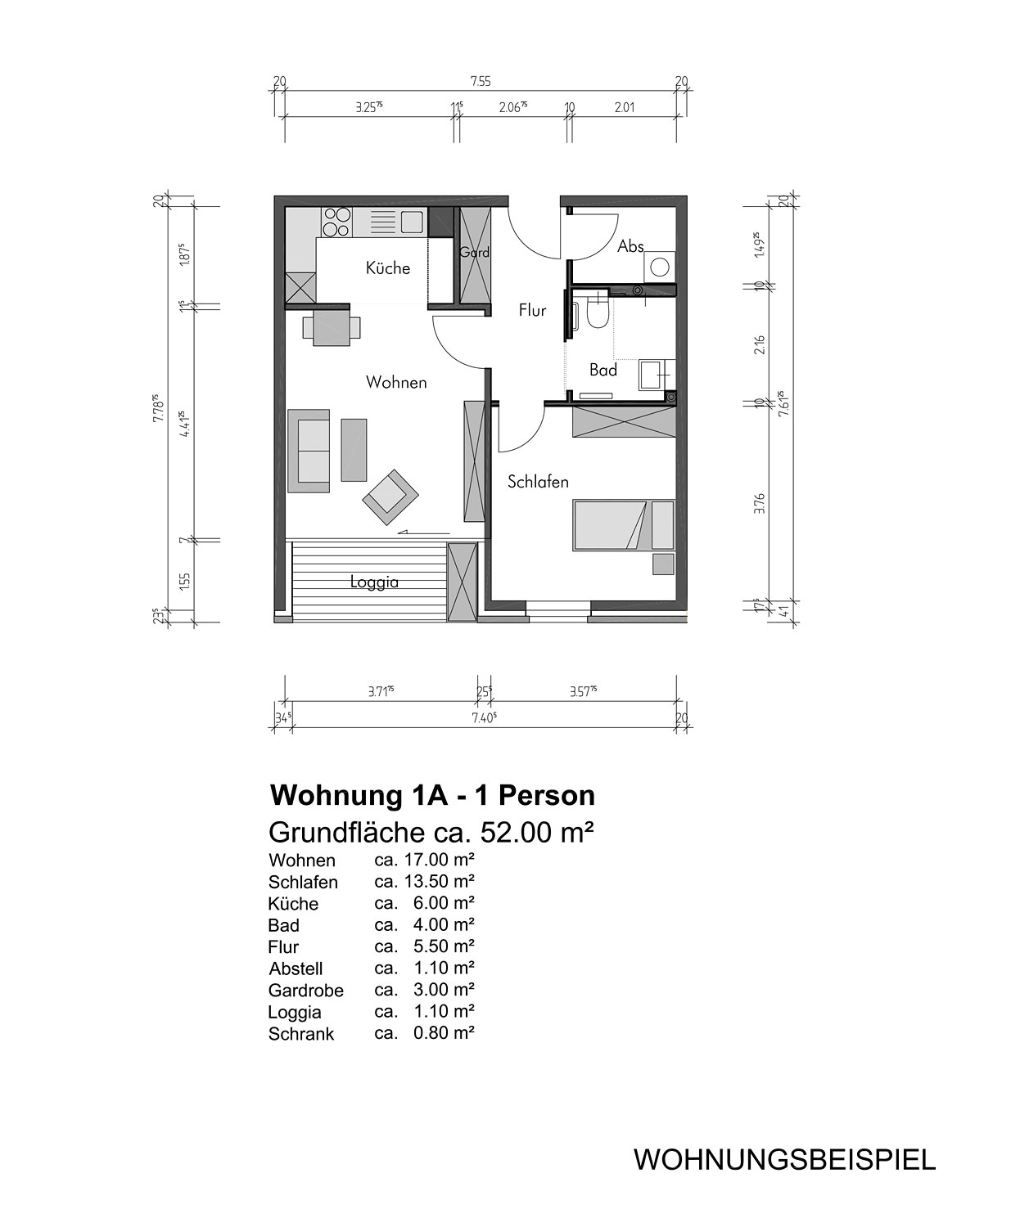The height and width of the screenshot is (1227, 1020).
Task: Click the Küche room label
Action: (388, 268)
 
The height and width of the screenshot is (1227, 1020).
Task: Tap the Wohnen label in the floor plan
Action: (396, 382)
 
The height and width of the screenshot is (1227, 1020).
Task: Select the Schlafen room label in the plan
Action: (538, 482)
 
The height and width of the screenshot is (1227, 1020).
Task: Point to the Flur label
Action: (532, 310)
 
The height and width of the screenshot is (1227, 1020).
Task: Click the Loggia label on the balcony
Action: (374, 582)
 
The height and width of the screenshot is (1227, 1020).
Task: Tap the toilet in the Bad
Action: (598, 309)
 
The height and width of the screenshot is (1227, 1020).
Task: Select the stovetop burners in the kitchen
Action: (336, 222)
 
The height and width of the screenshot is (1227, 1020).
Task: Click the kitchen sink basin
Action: (412, 222)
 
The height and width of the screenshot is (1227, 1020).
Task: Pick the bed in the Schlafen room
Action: (624, 525)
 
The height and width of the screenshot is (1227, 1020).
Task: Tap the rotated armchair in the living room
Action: (390, 497)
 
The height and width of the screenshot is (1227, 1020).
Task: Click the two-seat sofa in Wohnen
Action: (309, 451)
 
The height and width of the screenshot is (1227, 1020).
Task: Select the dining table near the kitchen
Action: (332, 328)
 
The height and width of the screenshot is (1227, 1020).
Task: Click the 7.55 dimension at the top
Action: (481, 81)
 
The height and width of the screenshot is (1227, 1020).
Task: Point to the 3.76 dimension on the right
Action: (760, 503)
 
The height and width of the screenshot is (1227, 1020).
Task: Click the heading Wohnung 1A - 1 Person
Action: (432, 796)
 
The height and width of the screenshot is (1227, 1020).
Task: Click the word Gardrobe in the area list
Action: (306, 991)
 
